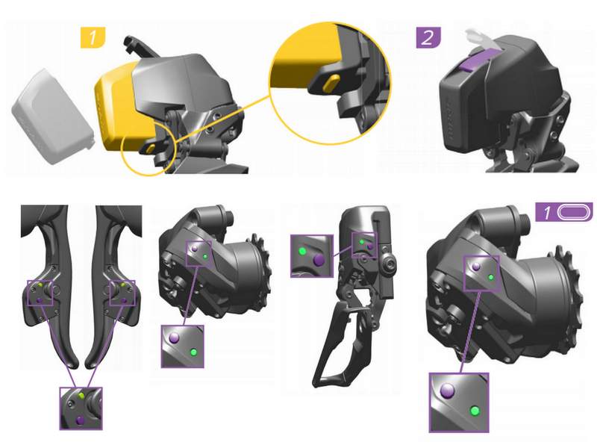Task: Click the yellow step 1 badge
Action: (93, 37)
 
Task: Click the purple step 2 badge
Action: (428, 37)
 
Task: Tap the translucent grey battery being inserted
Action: (52, 116)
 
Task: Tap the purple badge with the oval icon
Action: (564, 211)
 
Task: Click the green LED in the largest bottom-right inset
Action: (475, 411)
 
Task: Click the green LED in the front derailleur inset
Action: (303, 252)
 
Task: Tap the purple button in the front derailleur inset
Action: (319, 260)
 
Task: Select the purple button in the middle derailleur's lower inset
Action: (174, 337)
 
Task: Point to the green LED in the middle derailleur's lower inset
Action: (193, 352)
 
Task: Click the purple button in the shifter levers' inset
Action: (80, 420)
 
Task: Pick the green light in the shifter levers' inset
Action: (81, 396)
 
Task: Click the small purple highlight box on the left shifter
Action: (40, 293)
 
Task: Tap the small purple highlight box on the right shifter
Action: (122, 293)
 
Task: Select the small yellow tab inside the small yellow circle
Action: (151, 147)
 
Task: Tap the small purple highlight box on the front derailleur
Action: (364, 246)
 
